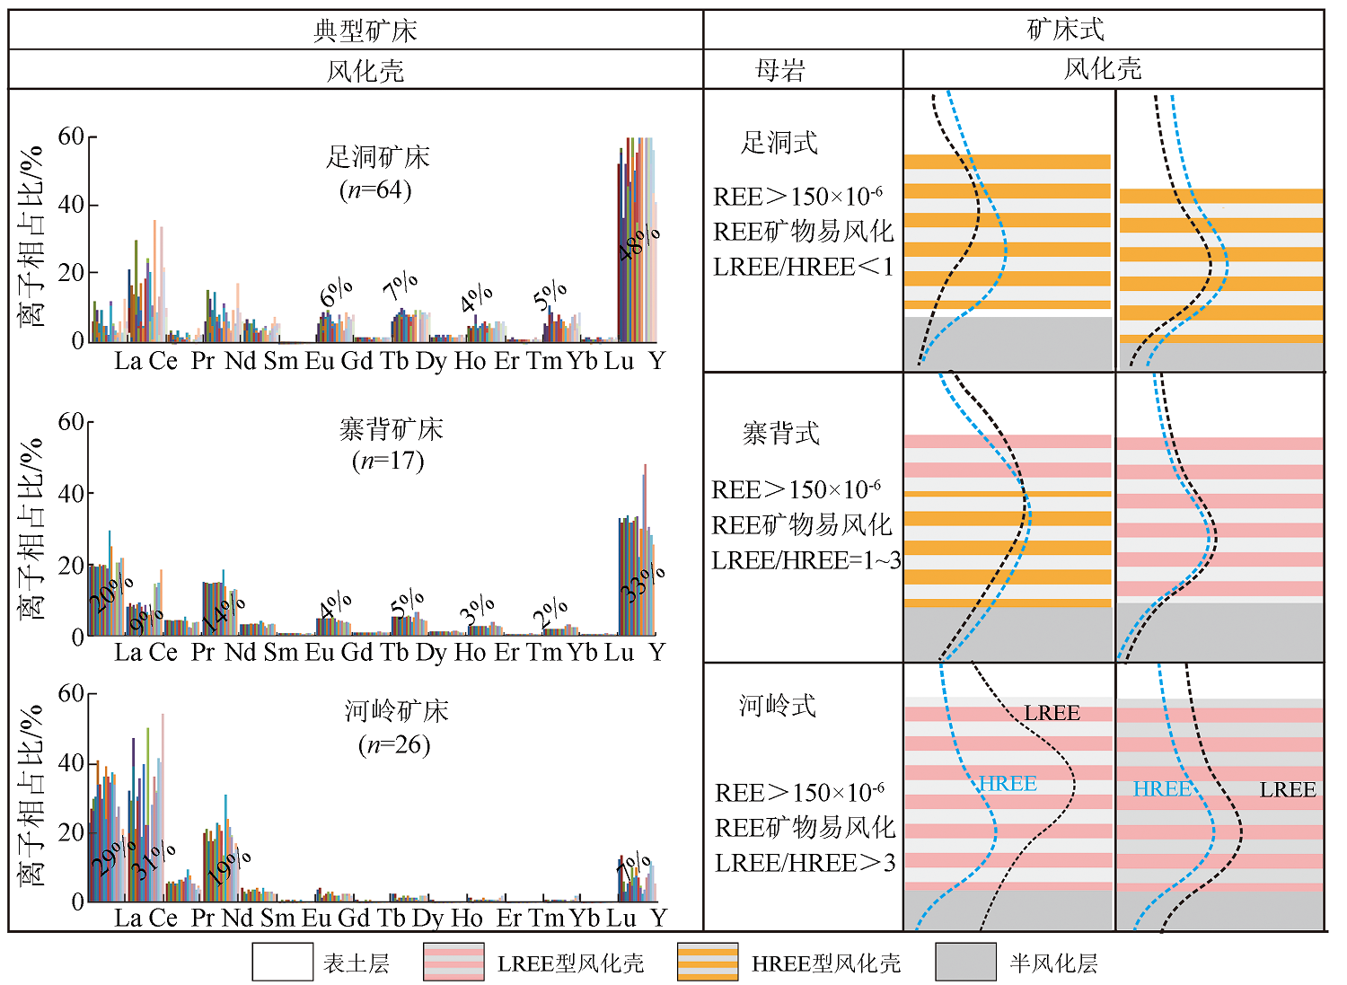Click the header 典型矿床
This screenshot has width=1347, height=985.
coord(365,31)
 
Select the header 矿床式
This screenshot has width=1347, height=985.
coord(1065,30)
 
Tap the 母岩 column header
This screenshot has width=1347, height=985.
coord(780,70)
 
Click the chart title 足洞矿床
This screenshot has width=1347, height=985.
coord(377,158)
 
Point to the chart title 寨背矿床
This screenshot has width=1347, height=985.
coord(391,430)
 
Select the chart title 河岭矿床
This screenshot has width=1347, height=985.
coord(396,712)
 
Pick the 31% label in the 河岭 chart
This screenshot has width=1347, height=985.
coord(153,860)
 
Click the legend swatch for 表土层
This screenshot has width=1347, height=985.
coord(282,962)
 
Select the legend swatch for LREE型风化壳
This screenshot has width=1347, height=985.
coord(453,962)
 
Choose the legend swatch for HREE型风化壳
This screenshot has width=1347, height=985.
coord(708,962)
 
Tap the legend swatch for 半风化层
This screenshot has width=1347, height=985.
coord(965,962)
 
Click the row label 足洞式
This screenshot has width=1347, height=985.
coord(779,143)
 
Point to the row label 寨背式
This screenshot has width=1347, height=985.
coord(780,434)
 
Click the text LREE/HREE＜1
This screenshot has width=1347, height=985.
coord(803,267)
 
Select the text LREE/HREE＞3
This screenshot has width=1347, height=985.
coord(805,863)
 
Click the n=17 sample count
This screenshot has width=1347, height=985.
coord(388,462)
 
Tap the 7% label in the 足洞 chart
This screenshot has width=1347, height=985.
coord(401,286)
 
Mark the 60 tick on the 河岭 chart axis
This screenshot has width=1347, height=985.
coord(71,693)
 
